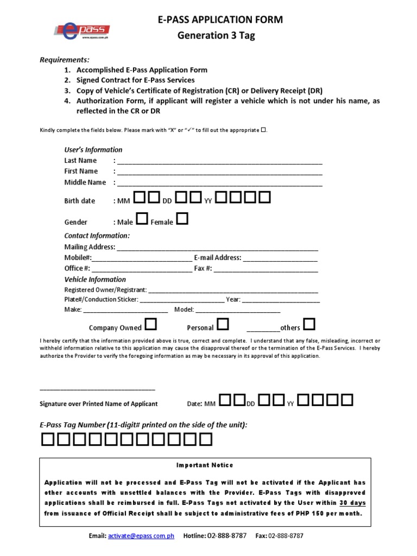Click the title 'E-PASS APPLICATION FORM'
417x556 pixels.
[220, 20]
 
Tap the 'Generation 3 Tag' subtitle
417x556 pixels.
[220, 36]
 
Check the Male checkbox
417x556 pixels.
[141, 219]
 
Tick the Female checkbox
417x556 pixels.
[182, 219]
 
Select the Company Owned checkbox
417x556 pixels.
[151, 325]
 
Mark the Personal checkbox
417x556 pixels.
[223, 325]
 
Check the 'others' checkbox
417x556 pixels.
[309, 325]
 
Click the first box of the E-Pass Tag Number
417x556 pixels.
[47, 439]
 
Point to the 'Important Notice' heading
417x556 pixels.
[205, 465]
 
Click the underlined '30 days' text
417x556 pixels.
[353, 503]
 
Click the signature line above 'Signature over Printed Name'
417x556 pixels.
[98, 389]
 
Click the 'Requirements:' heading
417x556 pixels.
[65, 60]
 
